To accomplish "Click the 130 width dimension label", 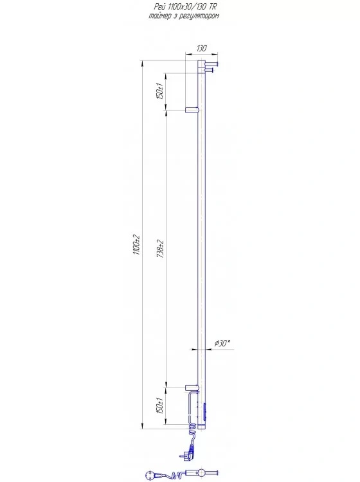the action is click(x=202, y=48).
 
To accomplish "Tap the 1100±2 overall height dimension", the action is click(x=137, y=245).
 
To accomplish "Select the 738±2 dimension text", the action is click(x=161, y=249).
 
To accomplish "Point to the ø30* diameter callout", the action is click(x=222, y=343).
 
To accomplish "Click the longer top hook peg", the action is click(x=212, y=64).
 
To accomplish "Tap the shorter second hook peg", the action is click(x=210, y=71).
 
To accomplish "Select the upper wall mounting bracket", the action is click(x=192, y=110).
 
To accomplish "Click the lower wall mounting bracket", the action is click(x=192, y=388).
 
